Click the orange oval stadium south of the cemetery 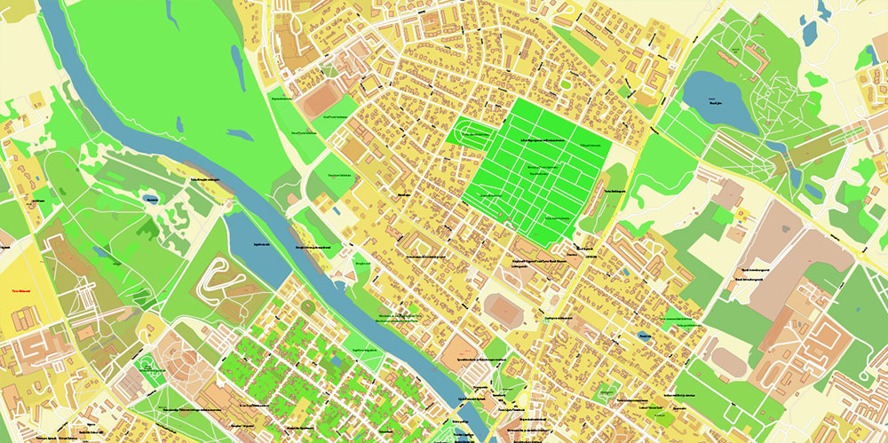pyautogui.click(x=505, y=310)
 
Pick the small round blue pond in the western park pyautogui.click(x=151, y=200)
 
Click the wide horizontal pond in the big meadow pyautogui.click(x=240, y=134)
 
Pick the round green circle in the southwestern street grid pyautogui.click(x=307, y=306)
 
